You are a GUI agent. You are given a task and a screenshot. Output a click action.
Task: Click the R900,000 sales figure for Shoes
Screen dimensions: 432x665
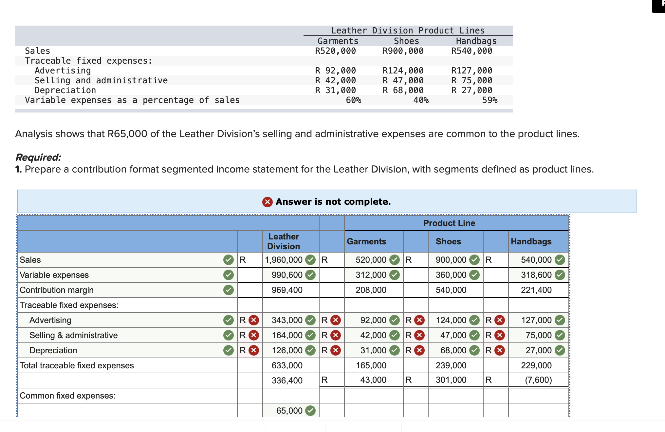pyautogui.click(x=403, y=51)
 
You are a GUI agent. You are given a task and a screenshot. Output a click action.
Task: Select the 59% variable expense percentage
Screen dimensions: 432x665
pyautogui.click(x=490, y=100)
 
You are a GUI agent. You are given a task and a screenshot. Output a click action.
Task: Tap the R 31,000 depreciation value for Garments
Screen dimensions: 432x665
pyautogui.click(x=335, y=90)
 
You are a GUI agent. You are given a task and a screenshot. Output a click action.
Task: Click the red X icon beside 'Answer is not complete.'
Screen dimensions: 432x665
pyautogui.click(x=267, y=202)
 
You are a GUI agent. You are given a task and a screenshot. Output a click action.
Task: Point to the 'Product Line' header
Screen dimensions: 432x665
pyautogui.click(x=449, y=223)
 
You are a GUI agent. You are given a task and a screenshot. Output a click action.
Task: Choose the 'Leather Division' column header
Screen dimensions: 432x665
pyautogui.click(x=284, y=241)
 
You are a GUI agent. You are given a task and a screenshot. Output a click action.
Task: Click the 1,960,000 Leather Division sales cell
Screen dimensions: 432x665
pyautogui.click(x=284, y=260)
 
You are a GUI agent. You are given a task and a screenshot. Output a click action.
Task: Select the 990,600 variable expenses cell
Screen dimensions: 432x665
pyautogui.click(x=287, y=275)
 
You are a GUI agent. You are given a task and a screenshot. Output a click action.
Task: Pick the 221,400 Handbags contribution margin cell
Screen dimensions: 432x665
pyautogui.click(x=536, y=290)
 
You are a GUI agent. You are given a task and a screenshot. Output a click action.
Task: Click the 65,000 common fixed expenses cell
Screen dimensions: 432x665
pyautogui.click(x=289, y=411)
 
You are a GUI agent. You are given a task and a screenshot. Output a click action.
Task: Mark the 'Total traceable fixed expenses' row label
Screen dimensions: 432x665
pyautogui.click(x=77, y=365)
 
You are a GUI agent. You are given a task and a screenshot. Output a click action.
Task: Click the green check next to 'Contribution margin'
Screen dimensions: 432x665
pyautogui.click(x=229, y=290)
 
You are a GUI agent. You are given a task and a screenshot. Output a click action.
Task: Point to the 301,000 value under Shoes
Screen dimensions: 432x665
pyautogui.click(x=451, y=380)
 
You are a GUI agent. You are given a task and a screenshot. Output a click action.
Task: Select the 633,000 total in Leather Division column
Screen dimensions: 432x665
pyautogui.click(x=287, y=365)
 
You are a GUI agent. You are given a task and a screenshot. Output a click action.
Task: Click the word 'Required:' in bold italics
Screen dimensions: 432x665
pyautogui.click(x=38, y=157)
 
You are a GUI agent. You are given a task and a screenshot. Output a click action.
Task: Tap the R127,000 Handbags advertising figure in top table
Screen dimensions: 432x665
pyautogui.click(x=471, y=71)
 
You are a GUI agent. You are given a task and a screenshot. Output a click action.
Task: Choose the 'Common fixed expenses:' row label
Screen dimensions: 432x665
pyautogui.click(x=67, y=396)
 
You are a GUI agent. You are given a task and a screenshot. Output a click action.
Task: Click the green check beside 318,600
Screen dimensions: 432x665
pyautogui.click(x=560, y=275)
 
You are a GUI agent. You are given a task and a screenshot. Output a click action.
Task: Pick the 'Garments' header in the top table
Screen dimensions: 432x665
pyautogui.click(x=338, y=41)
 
